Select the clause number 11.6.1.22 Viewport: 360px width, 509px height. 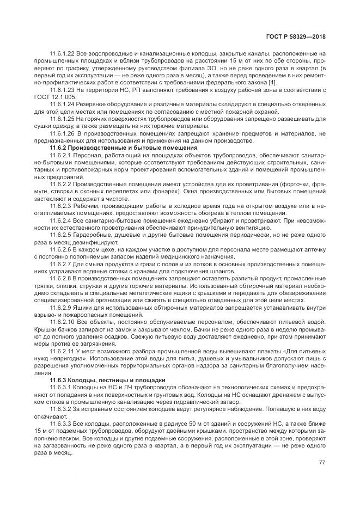[62, 53]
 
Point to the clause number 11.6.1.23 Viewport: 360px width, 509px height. [62, 88]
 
